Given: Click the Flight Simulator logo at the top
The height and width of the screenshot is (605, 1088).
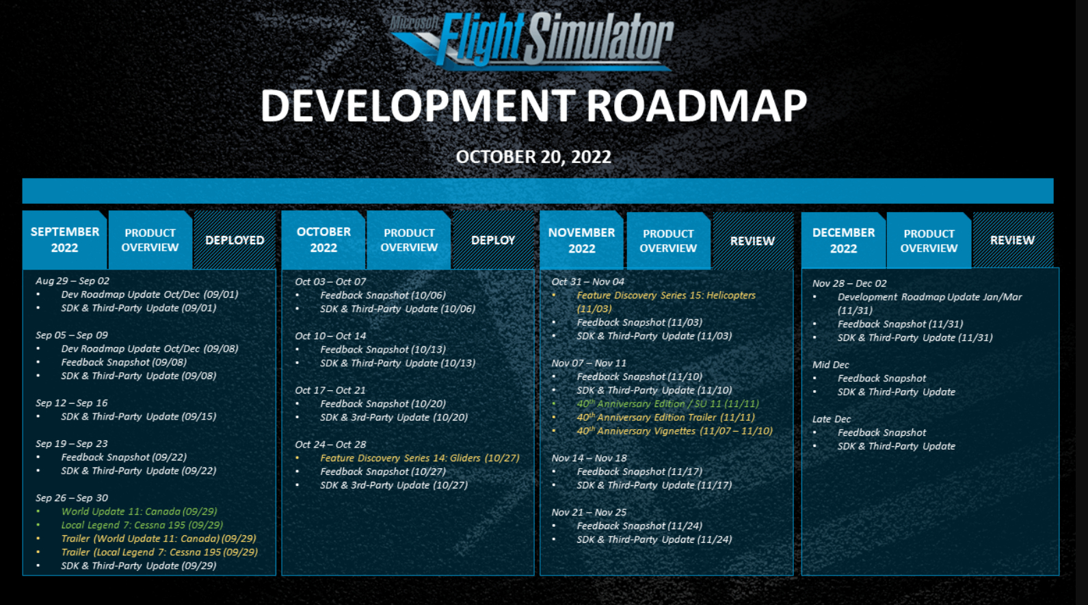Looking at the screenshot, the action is [531, 41].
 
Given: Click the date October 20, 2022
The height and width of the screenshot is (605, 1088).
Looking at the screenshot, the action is [533, 157].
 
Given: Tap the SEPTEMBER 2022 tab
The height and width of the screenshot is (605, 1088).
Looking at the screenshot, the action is [64, 240].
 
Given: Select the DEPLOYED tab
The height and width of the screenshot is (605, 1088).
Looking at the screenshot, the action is [235, 240].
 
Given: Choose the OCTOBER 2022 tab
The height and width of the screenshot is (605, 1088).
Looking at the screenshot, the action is [323, 240].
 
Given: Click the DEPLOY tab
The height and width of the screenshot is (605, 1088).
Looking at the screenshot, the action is [493, 240].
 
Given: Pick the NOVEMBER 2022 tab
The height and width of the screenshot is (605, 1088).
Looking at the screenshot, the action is [581, 240].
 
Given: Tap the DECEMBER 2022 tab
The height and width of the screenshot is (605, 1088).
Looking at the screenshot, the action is [844, 240].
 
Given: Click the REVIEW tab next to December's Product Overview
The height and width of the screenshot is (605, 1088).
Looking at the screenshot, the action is [1012, 240].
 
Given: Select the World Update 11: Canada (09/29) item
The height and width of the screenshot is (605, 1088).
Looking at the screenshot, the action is [139, 511].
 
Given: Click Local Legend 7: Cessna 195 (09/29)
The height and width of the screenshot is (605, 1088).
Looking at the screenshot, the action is [142, 525].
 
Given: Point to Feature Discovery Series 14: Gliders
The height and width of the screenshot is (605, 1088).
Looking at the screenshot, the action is [420, 458].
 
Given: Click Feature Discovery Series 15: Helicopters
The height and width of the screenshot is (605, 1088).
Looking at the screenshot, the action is [666, 302].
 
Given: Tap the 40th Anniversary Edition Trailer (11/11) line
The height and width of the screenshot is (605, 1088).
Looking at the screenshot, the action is [665, 417].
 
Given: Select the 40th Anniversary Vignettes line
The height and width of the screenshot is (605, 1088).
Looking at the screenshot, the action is [675, 430].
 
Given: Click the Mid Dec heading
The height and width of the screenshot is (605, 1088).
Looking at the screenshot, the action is [831, 365].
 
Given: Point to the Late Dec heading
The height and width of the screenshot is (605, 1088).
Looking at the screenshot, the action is [832, 419].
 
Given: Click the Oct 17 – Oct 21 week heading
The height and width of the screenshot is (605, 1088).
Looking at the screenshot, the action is [330, 390].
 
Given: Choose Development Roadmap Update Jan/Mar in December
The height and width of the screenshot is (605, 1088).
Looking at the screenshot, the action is [929, 303].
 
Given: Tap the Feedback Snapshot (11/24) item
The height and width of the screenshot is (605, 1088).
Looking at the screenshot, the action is [639, 526].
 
